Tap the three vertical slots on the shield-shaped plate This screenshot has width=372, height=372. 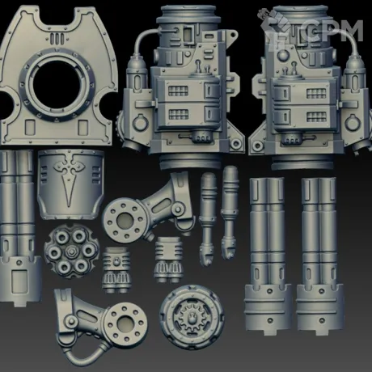[57, 39]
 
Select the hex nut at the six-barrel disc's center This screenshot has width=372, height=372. [71, 252]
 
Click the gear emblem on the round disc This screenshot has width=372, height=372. [192, 317]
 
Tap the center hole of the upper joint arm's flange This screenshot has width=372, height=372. [125, 221]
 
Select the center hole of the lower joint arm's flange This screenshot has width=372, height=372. [125, 323]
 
